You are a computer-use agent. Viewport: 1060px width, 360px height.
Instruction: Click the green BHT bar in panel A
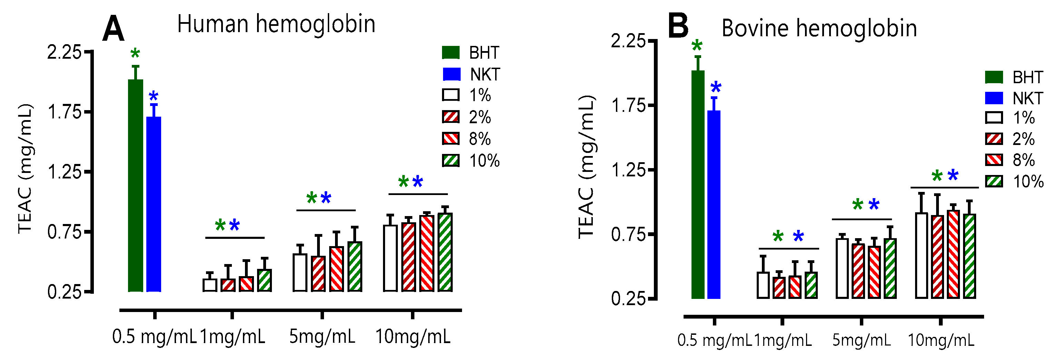click(135, 185)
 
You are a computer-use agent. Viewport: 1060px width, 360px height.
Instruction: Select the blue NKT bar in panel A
click(154, 204)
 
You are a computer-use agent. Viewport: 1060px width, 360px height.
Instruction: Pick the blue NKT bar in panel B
click(714, 204)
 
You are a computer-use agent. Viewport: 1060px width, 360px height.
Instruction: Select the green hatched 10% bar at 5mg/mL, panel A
click(355, 266)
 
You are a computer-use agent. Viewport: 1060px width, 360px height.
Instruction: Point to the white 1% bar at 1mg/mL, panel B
click(763, 285)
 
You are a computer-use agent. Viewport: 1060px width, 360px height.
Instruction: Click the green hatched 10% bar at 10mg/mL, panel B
click(970, 255)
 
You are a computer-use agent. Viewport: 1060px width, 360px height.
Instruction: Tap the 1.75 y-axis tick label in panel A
click(65, 112)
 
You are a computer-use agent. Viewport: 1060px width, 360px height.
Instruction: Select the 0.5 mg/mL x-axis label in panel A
click(154, 337)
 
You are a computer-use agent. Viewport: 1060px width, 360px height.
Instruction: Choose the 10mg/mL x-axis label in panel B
click(941, 340)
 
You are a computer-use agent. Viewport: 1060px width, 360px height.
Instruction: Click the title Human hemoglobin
click(276, 24)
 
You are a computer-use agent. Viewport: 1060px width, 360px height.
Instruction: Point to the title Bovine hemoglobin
click(819, 28)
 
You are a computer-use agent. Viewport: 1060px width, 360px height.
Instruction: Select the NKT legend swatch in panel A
click(451, 75)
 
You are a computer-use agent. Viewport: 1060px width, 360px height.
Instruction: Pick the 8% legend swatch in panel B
click(994, 159)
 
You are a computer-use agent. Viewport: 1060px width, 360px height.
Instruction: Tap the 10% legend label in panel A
click(484, 160)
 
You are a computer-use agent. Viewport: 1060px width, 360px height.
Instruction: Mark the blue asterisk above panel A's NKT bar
click(154, 97)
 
